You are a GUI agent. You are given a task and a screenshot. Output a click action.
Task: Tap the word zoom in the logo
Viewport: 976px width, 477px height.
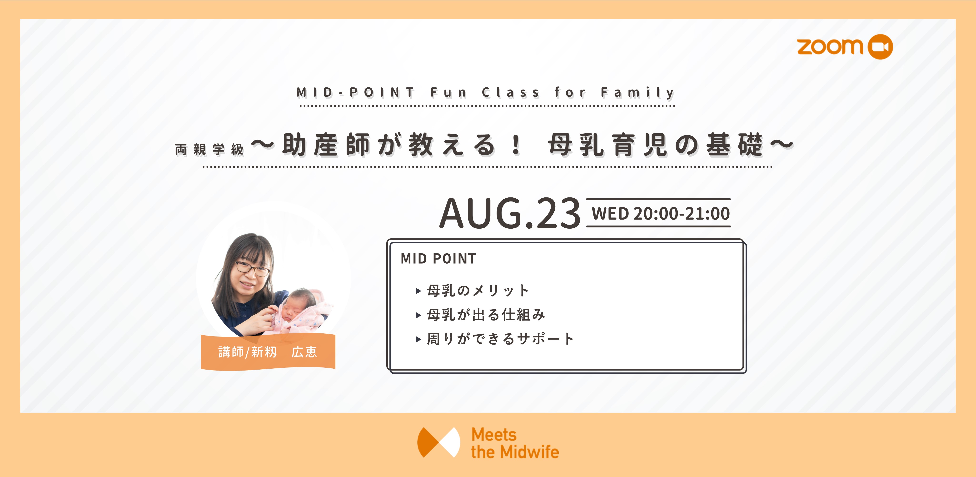click(x=830, y=47)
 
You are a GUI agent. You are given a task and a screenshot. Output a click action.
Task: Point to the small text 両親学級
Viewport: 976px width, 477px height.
click(x=209, y=149)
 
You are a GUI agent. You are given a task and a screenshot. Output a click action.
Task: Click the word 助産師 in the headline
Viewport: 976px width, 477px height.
click(x=326, y=145)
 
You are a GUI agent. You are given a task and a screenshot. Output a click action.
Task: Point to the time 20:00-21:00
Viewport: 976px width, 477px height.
click(x=682, y=213)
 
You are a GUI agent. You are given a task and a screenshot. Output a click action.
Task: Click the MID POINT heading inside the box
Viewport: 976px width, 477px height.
click(x=438, y=259)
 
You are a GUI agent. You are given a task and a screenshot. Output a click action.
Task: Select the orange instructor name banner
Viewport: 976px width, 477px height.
click(x=268, y=352)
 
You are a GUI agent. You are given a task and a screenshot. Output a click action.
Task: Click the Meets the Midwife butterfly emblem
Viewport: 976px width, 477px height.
click(x=439, y=442)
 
